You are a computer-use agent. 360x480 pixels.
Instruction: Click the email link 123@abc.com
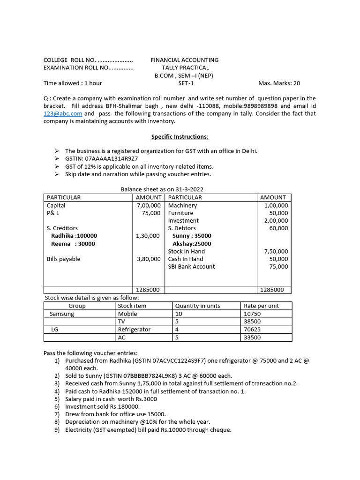tap(63, 114)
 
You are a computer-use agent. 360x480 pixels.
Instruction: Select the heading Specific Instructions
tap(180, 137)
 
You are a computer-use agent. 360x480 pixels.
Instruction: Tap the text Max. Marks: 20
tap(279, 83)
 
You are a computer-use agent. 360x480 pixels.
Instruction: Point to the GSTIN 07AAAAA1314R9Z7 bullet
tap(101, 159)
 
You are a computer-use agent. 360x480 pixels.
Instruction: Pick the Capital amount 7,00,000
tap(149, 205)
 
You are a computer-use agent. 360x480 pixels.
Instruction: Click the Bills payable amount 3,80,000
tap(149, 259)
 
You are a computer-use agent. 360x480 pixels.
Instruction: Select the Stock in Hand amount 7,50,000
tap(276, 251)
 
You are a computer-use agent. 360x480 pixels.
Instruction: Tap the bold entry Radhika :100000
tap(74, 236)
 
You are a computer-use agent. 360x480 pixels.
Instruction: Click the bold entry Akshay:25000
tap(192, 244)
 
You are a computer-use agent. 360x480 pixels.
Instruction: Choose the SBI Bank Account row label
tap(191, 267)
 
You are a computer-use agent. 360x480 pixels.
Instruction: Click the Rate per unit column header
tap(261, 306)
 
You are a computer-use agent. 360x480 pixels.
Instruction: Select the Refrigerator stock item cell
tap(134, 330)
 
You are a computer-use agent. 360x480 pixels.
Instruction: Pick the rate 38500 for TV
tap(252, 322)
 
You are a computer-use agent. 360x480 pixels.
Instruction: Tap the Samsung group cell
tap(62, 314)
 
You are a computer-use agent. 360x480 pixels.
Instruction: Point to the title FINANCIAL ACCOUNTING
tap(185, 60)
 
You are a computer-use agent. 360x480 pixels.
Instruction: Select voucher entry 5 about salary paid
tap(111, 399)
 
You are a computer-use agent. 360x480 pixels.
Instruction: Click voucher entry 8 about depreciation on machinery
tap(137, 422)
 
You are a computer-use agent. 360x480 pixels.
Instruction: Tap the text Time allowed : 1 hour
tap(73, 83)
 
